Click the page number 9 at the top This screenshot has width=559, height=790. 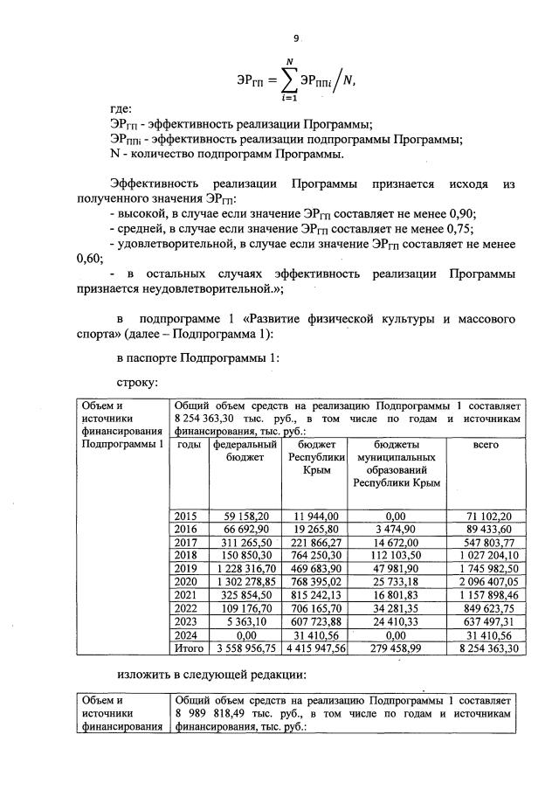pyautogui.click(x=296, y=38)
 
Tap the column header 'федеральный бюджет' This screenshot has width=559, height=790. pyautogui.click(x=245, y=451)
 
